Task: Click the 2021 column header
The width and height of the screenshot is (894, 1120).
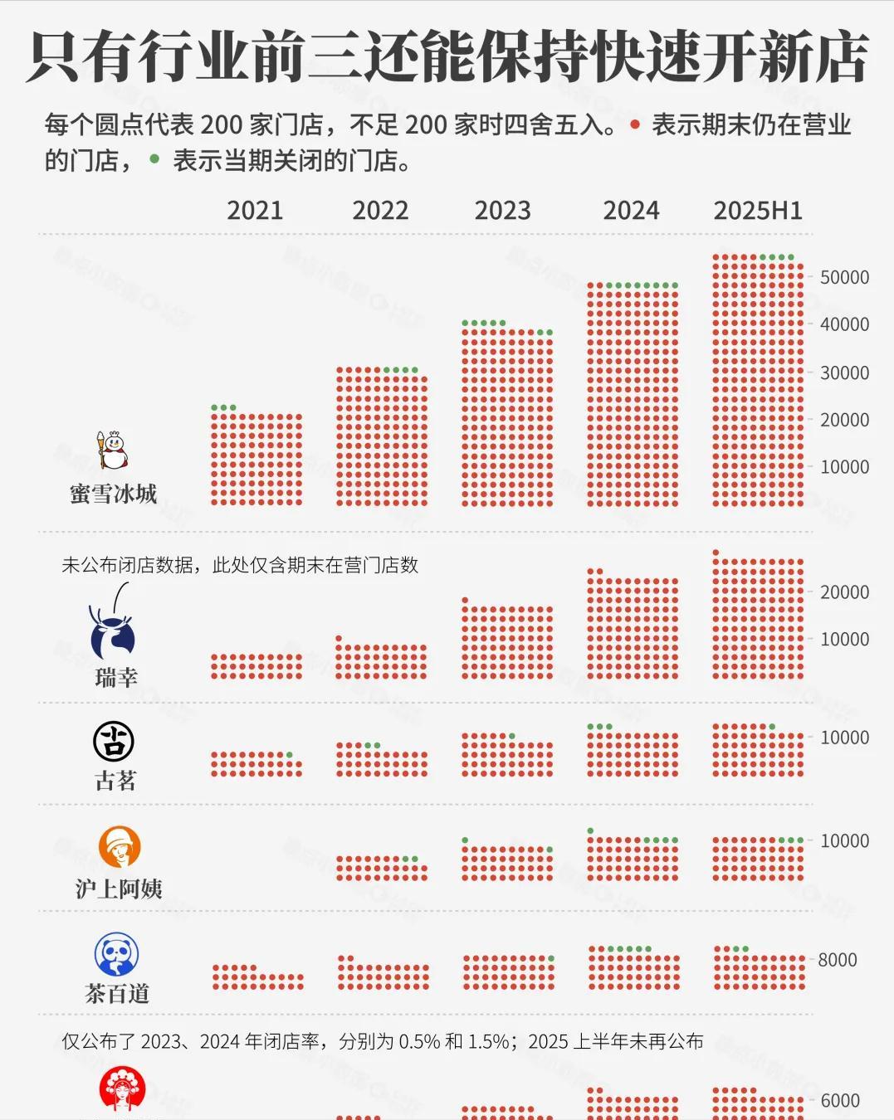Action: [x=255, y=211]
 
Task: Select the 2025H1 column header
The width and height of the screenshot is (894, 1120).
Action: [x=758, y=211]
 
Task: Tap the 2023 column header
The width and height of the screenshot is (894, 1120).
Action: [x=502, y=211]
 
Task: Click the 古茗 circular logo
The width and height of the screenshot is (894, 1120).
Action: [x=114, y=741]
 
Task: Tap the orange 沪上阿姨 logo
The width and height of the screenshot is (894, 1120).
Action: [x=120, y=847]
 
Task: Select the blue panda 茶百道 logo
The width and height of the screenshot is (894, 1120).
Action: [x=116, y=955]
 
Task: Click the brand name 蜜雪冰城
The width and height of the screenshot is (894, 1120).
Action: [x=114, y=494]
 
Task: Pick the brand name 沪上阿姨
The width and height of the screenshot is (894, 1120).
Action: [x=119, y=889]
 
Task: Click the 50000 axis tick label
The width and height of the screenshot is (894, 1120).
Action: [x=844, y=277]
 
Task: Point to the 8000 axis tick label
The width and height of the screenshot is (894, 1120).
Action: [x=837, y=960]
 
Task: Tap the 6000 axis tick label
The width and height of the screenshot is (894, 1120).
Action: [x=840, y=1101]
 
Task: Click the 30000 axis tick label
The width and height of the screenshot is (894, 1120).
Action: [x=844, y=373]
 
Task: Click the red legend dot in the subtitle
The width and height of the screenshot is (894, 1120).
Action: [x=635, y=125]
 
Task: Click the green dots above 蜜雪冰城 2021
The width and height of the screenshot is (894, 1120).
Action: [x=223, y=407]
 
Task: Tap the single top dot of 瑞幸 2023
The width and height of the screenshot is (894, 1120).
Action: [x=465, y=600]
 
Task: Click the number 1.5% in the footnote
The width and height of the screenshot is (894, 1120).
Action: [x=489, y=1041]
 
